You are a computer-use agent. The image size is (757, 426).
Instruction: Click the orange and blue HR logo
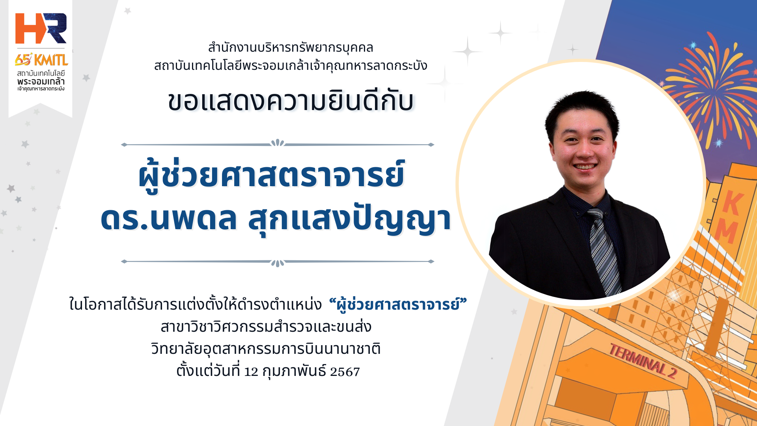tap(41, 28)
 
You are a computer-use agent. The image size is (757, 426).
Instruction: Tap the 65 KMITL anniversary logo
tap(41, 60)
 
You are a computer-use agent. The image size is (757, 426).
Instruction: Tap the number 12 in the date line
tap(251, 372)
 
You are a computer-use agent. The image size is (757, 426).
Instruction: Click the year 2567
tap(345, 372)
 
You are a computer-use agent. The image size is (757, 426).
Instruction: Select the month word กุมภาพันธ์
tap(294, 371)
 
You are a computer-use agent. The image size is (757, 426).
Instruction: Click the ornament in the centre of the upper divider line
tap(278, 143)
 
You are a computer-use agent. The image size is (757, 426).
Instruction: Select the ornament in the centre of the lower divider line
tap(278, 263)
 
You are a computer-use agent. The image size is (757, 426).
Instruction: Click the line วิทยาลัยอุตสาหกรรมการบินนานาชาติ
tap(266, 349)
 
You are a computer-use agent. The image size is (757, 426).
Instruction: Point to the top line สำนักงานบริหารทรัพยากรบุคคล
tap(291, 48)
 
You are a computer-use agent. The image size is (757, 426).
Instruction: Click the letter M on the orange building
tap(726, 232)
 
